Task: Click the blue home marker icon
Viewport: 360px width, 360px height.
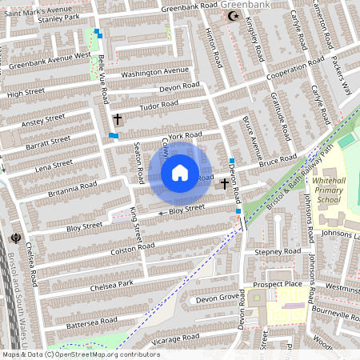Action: (x=180, y=173)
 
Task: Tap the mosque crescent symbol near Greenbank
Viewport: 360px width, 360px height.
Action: (x=234, y=15)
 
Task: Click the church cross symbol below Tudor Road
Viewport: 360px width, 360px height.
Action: (x=118, y=119)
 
